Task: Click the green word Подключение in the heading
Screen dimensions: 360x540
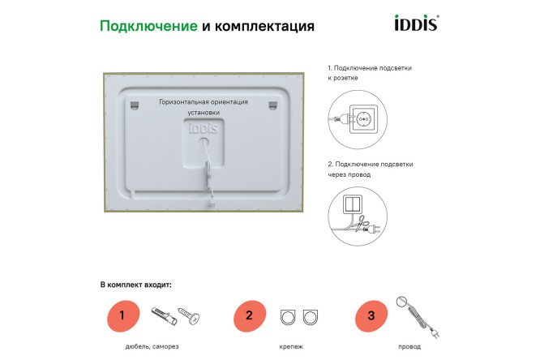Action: [x=148, y=26]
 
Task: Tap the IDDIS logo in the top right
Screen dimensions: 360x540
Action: [x=415, y=24]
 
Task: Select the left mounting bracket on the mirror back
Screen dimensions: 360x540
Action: [x=135, y=103]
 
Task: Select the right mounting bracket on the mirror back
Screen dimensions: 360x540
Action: [x=272, y=103]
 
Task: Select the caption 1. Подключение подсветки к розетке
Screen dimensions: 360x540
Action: [x=369, y=74]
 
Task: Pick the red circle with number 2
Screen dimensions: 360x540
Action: [x=249, y=315]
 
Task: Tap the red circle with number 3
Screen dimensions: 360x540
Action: [x=371, y=315]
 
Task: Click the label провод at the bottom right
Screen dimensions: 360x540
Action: [x=409, y=347]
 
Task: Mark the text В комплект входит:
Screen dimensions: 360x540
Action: [x=136, y=285]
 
